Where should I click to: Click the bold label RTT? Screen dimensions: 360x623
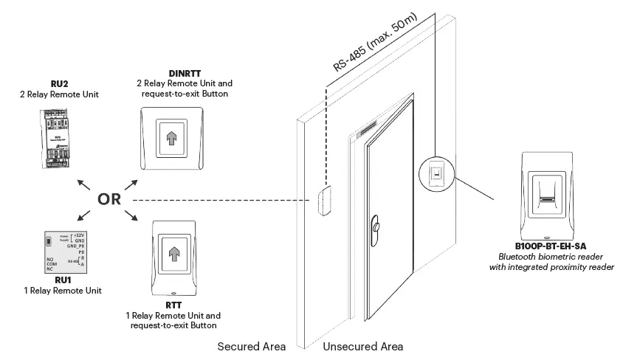[x=173, y=305]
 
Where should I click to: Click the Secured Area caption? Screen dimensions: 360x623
[x=251, y=346]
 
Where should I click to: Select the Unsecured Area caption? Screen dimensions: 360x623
[x=363, y=346]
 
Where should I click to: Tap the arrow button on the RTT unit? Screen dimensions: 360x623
[x=174, y=255]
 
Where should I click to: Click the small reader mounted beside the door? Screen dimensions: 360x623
[x=436, y=175]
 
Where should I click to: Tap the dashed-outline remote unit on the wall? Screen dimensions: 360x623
[x=323, y=201]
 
